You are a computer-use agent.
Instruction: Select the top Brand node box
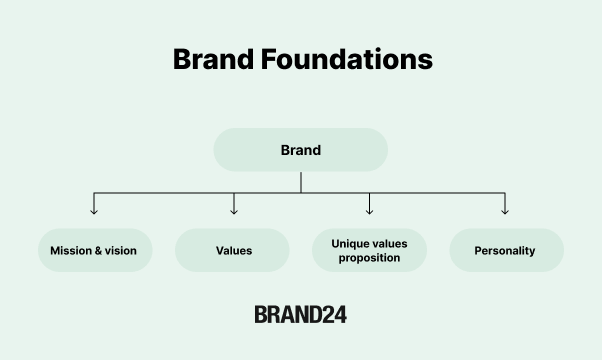(x=300, y=150)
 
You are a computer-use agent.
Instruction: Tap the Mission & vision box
(x=94, y=250)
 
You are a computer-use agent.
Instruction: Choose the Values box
(x=233, y=250)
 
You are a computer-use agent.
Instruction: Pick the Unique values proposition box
(x=369, y=250)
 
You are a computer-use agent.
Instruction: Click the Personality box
(x=505, y=250)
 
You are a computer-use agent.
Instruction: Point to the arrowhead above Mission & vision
(x=94, y=210)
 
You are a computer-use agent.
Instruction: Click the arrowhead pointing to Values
(x=234, y=210)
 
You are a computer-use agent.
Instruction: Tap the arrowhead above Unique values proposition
(x=369, y=210)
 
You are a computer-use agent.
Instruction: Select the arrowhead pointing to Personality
(x=505, y=210)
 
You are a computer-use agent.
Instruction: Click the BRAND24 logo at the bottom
(x=300, y=314)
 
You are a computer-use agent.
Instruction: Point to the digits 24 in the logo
(x=334, y=314)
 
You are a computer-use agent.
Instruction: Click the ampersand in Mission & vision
(x=98, y=251)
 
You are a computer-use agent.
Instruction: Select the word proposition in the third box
(x=369, y=258)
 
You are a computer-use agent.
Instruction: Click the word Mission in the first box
(x=71, y=251)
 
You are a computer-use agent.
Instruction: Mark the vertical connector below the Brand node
(x=300, y=181)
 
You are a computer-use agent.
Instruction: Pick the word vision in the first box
(x=121, y=251)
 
